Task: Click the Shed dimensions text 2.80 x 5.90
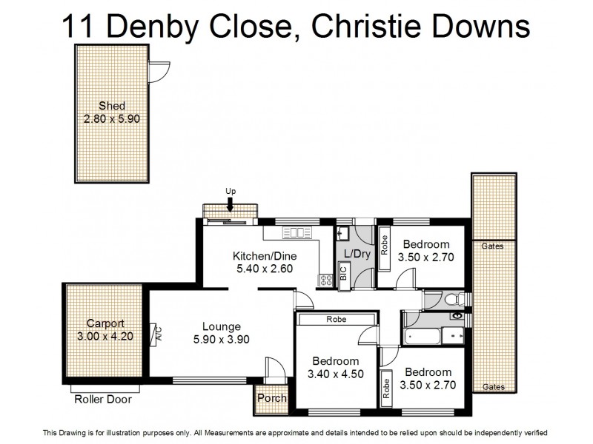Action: [112, 118]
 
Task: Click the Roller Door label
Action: [103, 400]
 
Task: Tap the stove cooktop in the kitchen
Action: [325, 280]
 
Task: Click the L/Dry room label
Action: [357, 254]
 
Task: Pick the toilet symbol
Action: [457, 299]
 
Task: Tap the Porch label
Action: [271, 398]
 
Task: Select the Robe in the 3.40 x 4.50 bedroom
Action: [337, 319]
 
